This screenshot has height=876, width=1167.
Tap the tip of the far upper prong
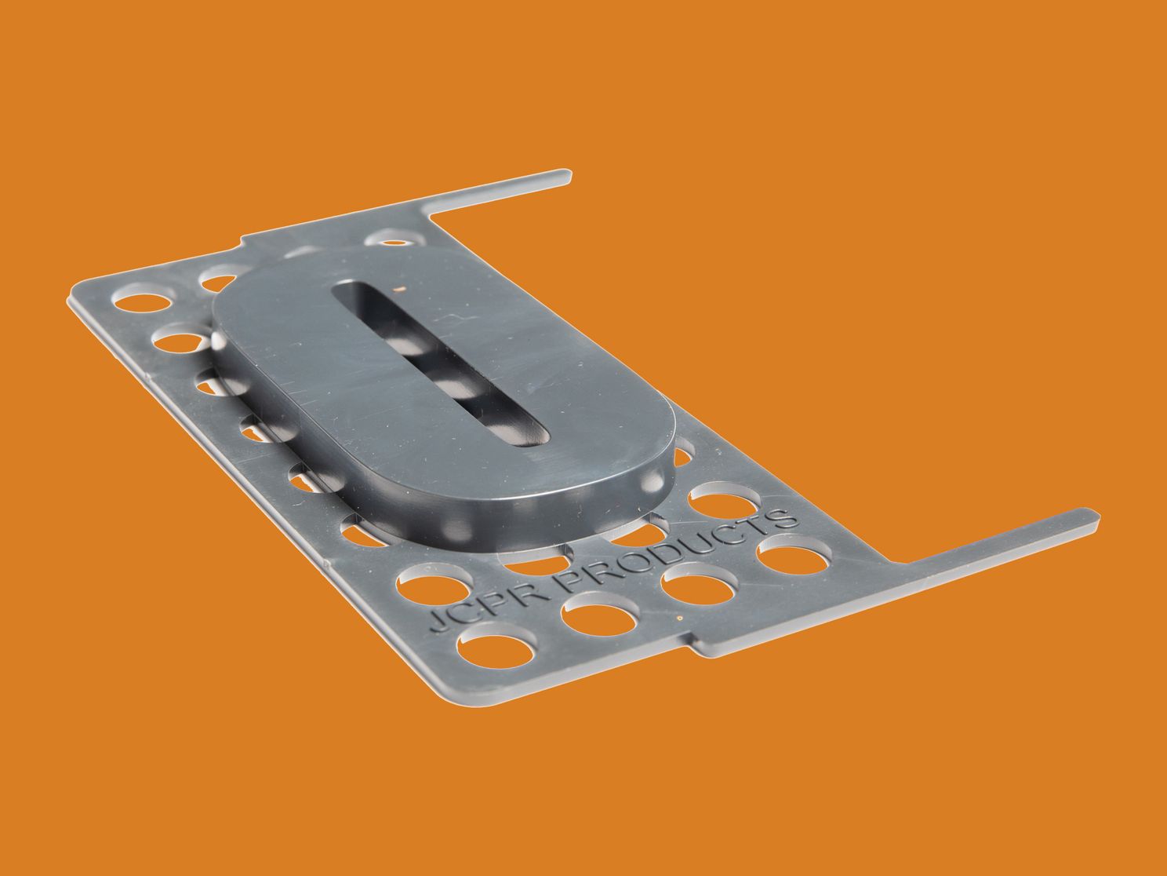pos(569,176)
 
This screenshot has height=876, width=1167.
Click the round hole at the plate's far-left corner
pos(143,301)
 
